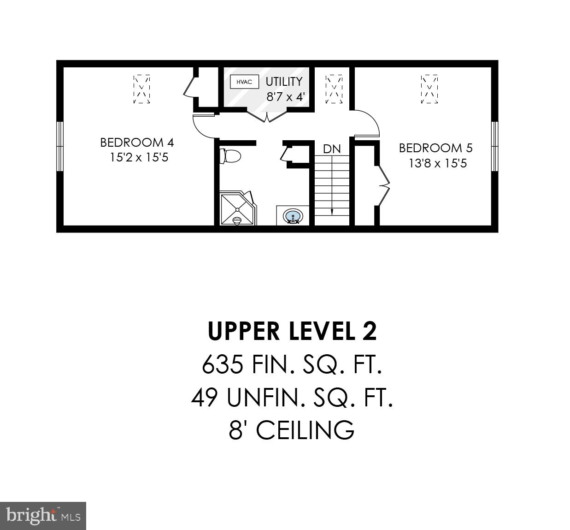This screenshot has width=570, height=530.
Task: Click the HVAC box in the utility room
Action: pyautogui.click(x=244, y=82)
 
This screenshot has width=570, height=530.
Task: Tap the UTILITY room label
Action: pyautogui.click(x=284, y=82)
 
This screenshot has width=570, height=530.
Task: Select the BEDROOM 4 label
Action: pyautogui.click(x=137, y=142)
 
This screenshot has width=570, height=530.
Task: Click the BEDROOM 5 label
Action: pyautogui.click(x=435, y=148)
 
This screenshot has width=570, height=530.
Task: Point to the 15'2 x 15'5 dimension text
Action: pyautogui.click(x=139, y=157)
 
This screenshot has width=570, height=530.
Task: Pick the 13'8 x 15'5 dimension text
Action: pyautogui.click(x=438, y=163)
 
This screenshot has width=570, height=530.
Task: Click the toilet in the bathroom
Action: pyautogui.click(x=230, y=155)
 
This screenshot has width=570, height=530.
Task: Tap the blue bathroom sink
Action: pyautogui.click(x=293, y=216)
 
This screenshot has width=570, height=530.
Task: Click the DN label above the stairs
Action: pyautogui.click(x=332, y=149)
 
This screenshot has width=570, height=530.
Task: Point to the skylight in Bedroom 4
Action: pyautogui.click(x=141, y=89)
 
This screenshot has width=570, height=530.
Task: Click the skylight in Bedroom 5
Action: pyautogui.click(x=429, y=89)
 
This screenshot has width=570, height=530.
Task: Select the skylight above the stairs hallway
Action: pyautogui.click(x=334, y=89)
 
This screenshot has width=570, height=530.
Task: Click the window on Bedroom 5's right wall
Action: pyautogui.click(x=495, y=146)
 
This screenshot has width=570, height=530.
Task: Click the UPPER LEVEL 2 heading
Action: pyautogui.click(x=292, y=331)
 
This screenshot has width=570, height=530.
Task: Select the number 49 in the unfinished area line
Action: pyautogui.click(x=204, y=398)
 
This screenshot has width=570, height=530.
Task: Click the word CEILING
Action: pyautogui.click(x=305, y=430)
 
